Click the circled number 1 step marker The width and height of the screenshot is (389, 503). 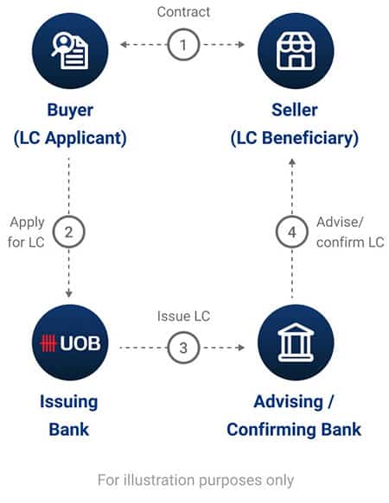point(183,45)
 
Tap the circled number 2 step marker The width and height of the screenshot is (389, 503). point(69,232)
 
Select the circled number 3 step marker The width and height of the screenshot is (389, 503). point(183,348)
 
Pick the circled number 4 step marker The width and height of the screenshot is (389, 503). point(292,232)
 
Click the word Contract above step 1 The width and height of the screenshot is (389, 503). point(183,12)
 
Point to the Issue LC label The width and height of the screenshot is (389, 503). point(183,317)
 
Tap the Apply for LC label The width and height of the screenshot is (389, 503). point(26,232)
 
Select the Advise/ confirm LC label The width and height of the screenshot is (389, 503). point(350,232)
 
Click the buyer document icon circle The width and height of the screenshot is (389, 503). point(70,51)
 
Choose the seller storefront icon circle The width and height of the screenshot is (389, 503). point(296,51)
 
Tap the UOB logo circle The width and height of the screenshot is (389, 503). point(70,343)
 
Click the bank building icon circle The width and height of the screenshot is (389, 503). point(296,343)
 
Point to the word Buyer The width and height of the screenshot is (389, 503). point(70,110)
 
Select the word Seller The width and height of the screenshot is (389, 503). point(295,110)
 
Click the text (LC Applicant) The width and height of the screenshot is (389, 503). point(70,138)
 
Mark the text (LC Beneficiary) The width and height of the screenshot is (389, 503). point(295,138)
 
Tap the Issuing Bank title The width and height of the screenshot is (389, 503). point(69,416)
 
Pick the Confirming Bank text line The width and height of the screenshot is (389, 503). point(294,430)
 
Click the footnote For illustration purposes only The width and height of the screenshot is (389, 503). point(195,481)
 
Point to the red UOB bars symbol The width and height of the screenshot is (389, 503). point(48,343)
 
